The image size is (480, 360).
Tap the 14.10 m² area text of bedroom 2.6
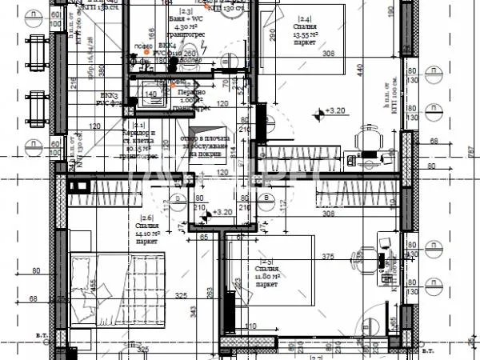point(146,234)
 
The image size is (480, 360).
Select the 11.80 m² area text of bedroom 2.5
point(266,277)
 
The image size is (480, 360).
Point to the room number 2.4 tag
point(282,18)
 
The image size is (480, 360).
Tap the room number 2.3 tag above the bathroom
point(185,12)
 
